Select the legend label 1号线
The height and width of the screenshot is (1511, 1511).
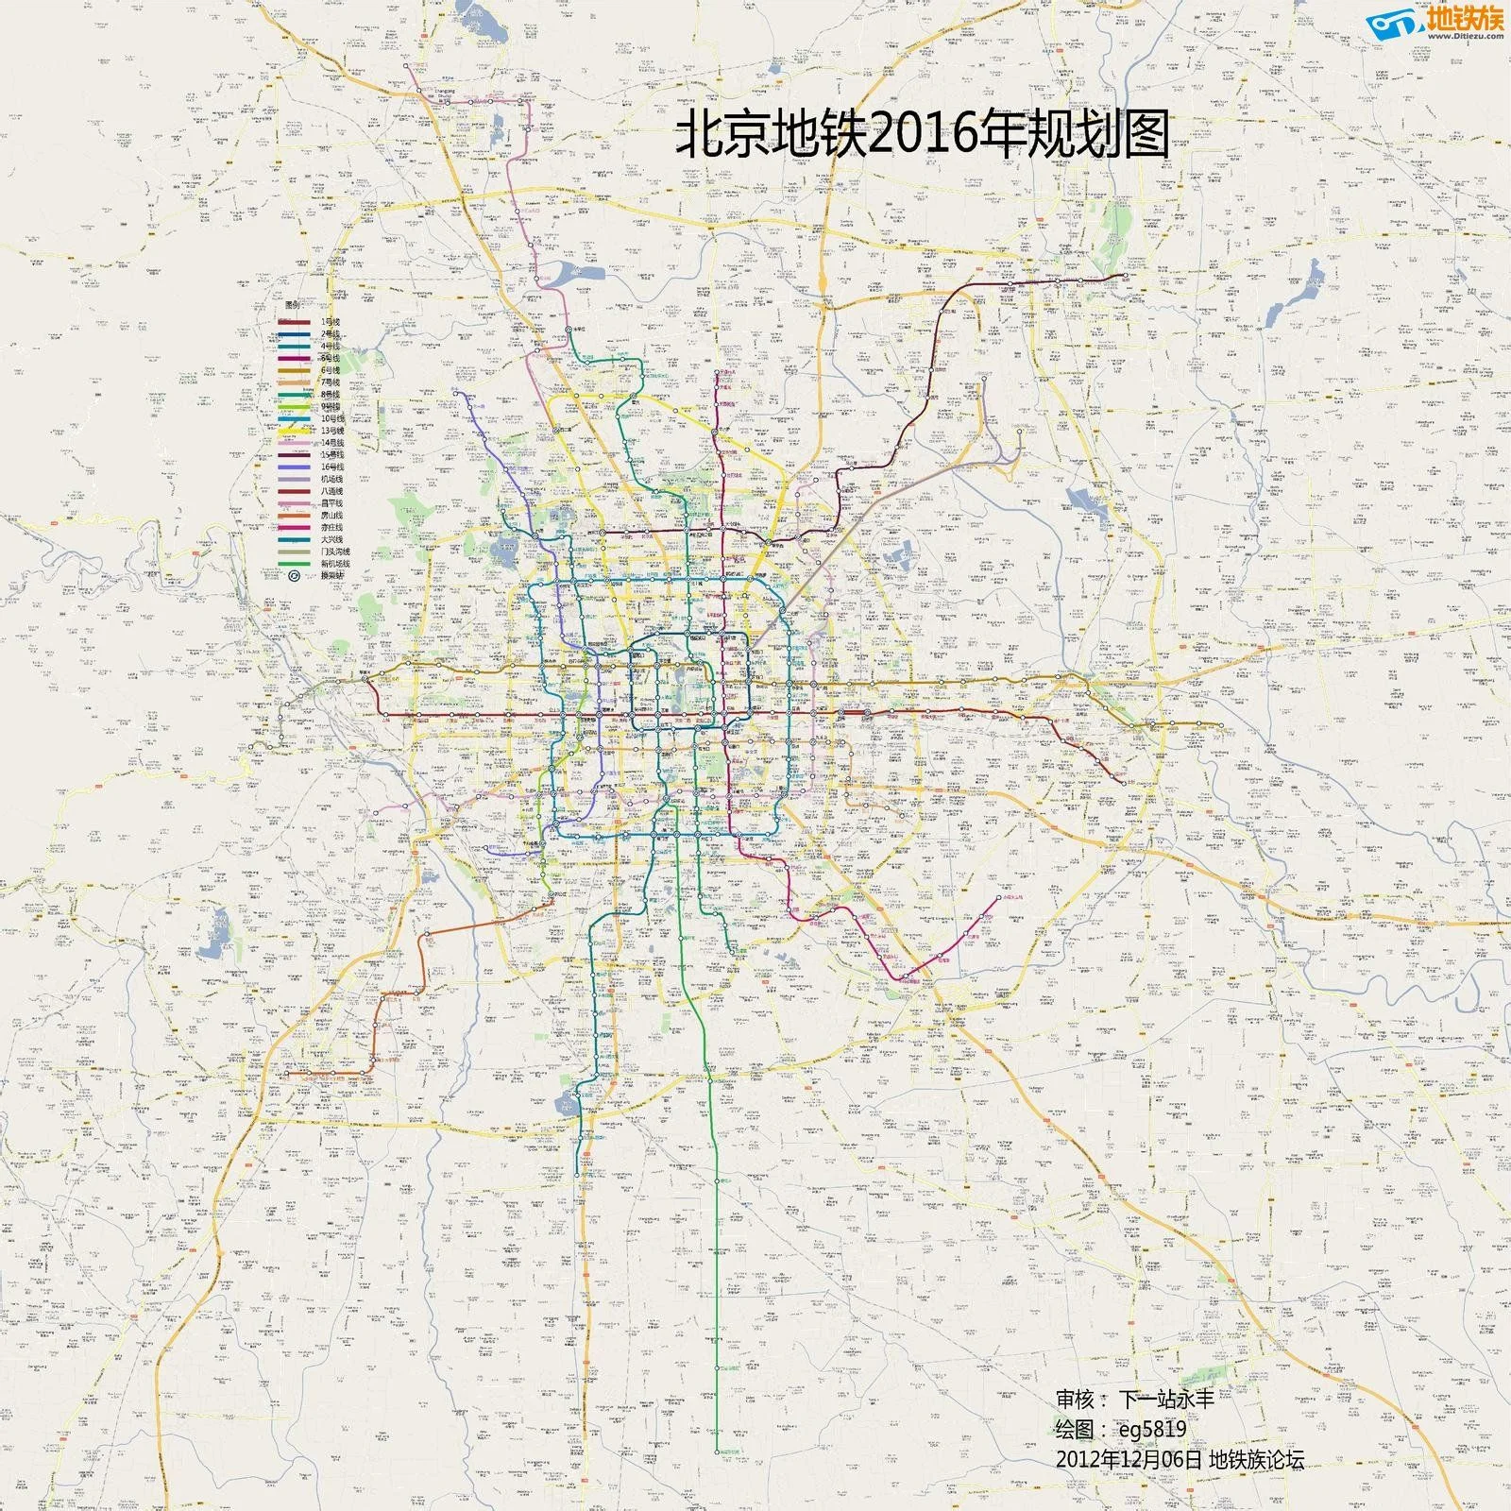pyautogui.click(x=330, y=322)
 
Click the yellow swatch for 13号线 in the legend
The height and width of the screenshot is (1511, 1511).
pyautogui.click(x=294, y=431)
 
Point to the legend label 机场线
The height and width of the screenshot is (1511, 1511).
pyautogui.click(x=331, y=479)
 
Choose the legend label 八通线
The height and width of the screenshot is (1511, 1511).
pyautogui.click(x=331, y=491)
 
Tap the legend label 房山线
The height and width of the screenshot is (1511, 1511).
pyautogui.click(x=331, y=516)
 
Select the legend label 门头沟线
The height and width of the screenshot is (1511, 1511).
pyautogui.click(x=335, y=552)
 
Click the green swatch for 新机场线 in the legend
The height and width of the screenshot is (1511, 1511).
pyautogui.click(x=294, y=564)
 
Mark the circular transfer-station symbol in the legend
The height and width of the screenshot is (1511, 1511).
pyautogui.click(x=295, y=575)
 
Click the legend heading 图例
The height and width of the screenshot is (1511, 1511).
pyautogui.click(x=293, y=306)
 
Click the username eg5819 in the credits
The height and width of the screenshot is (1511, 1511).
pyautogui.click(x=1152, y=1429)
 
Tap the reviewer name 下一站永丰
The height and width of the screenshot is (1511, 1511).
pyautogui.click(x=1167, y=1399)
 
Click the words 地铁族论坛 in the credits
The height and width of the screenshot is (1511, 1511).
pyautogui.click(x=1256, y=1459)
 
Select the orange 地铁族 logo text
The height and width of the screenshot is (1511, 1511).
pyautogui.click(x=1467, y=18)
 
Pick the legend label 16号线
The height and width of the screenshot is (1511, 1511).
pyautogui.click(x=332, y=467)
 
